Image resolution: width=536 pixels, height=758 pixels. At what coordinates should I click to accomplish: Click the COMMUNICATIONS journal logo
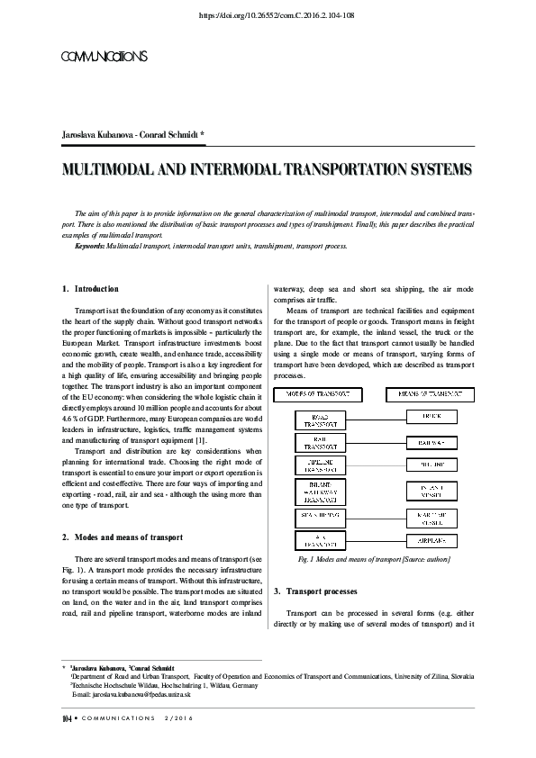pyautogui.click(x=103, y=57)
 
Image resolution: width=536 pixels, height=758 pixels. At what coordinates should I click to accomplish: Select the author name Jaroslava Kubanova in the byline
pyautogui.click(x=93, y=135)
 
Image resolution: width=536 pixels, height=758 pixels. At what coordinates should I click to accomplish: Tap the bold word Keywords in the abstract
pyautogui.click(x=89, y=245)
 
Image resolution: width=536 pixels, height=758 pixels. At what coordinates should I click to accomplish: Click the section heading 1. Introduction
pyautogui.click(x=90, y=289)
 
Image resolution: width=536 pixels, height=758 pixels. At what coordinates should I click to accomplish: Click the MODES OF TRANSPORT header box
pyautogui.click(x=324, y=394)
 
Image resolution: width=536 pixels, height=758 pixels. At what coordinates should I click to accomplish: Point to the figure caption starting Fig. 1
pyautogui.click(x=374, y=559)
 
